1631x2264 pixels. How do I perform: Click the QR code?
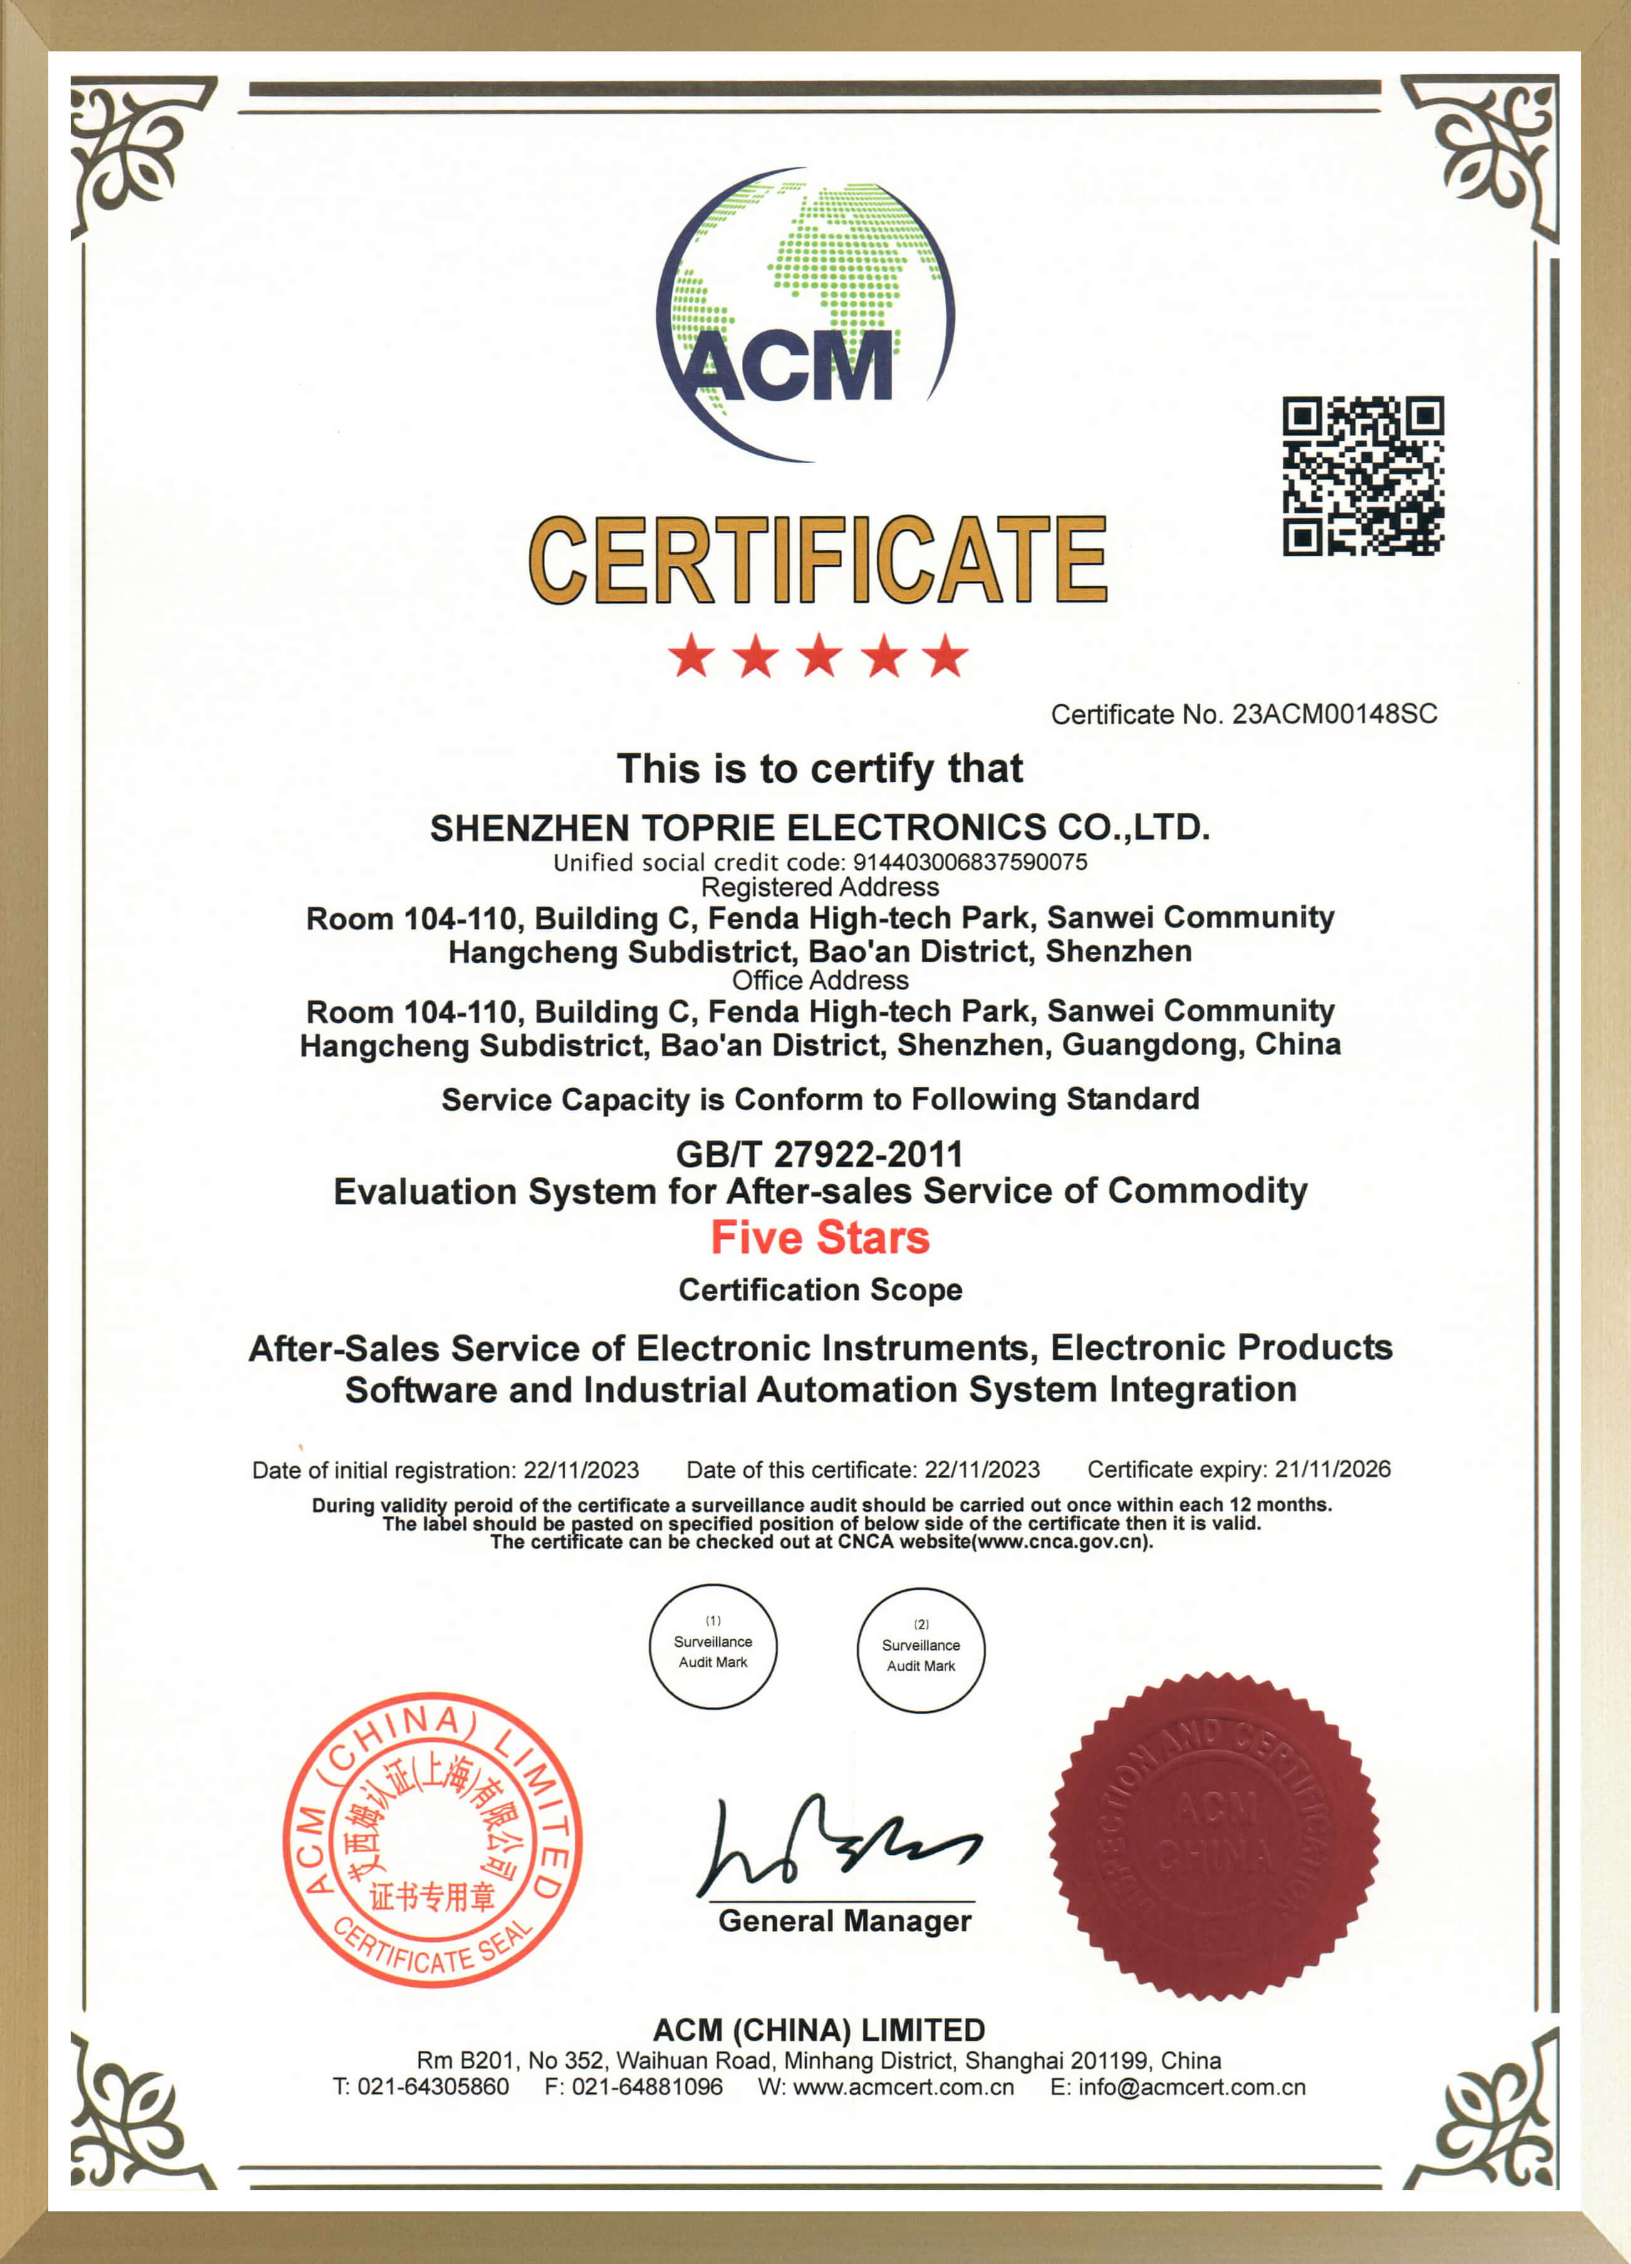pos(1362,476)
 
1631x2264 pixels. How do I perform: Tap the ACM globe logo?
pos(805,315)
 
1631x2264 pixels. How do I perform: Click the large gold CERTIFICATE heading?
pos(818,560)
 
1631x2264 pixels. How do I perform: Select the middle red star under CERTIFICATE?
pos(820,656)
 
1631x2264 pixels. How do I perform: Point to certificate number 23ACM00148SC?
pos(1335,715)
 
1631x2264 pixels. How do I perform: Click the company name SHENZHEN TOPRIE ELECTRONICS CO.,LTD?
pos(820,828)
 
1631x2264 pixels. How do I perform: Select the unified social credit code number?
pos(969,862)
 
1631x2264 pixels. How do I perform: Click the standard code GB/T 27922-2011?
pos(820,1154)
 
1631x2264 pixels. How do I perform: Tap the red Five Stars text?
pos(820,1238)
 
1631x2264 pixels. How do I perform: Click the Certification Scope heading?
pos(820,1290)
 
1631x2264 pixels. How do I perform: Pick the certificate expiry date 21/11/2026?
pos(1333,1469)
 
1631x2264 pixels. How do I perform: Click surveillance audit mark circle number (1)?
pos(712,1647)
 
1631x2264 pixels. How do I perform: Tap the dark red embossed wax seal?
pos(1214,1837)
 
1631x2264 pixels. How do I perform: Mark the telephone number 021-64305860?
pos(433,2087)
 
